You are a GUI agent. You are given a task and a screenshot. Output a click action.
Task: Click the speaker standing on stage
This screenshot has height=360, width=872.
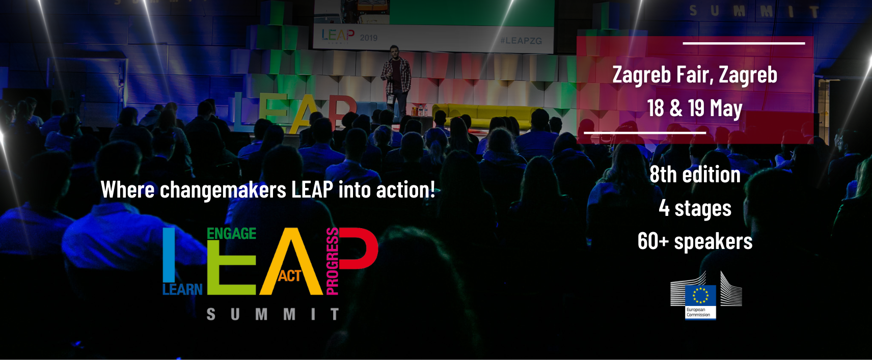[x=396, y=82]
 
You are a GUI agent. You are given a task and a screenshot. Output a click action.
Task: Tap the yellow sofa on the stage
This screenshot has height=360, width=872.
[x=486, y=115]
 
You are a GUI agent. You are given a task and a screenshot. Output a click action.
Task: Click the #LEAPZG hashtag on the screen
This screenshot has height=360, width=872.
[x=521, y=40]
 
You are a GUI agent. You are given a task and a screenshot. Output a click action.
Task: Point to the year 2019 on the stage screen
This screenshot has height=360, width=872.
[x=368, y=38]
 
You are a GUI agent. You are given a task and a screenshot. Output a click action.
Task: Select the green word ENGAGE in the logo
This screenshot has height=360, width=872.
[x=231, y=233]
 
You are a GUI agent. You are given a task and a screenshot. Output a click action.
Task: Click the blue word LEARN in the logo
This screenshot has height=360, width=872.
[x=182, y=289]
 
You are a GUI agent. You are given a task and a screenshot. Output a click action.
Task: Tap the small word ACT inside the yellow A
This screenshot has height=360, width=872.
[x=290, y=276]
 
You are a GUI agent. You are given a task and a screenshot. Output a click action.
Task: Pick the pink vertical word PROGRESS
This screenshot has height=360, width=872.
[x=332, y=261]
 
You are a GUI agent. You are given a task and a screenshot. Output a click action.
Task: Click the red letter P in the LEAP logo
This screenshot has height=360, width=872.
[x=358, y=248]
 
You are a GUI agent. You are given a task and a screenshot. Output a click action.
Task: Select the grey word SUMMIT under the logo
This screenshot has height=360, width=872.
[x=273, y=314]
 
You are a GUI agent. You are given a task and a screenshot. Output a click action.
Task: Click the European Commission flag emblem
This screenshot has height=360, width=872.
[x=700, y=296]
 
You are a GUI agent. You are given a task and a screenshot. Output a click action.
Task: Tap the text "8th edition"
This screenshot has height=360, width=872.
[x=695, y=174]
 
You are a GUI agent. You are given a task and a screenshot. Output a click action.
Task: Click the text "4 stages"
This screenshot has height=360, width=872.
[x=695, y=208]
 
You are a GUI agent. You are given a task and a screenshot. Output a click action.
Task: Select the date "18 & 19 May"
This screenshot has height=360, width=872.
[x=695, y=108]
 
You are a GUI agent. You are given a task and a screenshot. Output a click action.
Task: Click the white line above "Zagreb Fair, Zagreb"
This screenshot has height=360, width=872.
[x=744, y=43]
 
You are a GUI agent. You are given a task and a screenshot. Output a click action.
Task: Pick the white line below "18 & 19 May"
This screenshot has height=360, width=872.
[x=645, y=133]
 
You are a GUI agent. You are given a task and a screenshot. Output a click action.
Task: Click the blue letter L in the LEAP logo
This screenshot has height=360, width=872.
[x=169, y=255]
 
